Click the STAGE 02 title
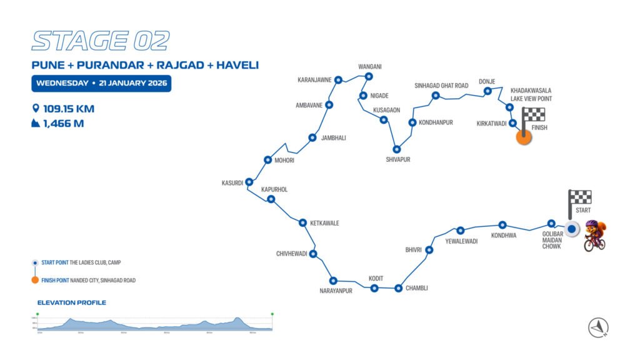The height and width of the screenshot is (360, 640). (x=100, y=41)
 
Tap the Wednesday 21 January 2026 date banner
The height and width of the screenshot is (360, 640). (x=101, y=83)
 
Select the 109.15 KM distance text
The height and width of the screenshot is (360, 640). (x=68, y=109)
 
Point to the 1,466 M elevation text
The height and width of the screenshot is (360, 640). (x=63, y=123)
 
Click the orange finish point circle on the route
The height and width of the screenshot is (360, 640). (x=524, y=137)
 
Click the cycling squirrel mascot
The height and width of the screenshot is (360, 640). (x=595, y=235)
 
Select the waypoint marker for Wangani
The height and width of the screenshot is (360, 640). (x=369, y=76)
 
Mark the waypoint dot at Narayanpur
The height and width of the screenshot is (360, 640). (x=333, y=281)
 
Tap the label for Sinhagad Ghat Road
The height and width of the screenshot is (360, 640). (x=441, y=86)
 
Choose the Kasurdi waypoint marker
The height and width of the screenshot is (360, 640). (x=249, y=182)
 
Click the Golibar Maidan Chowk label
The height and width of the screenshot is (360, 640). (x=552, y=239)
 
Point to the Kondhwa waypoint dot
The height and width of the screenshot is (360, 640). (x=502, y=225)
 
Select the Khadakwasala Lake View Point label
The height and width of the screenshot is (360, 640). (x=531, y=94)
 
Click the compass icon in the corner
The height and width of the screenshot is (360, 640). (x=598, y=327)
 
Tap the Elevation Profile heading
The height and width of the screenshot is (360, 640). (x=71, y=302)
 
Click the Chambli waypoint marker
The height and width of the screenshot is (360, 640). (x=398, y=288)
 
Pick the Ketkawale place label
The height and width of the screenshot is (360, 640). (x=324, y=223)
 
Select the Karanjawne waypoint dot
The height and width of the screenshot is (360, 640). (x=338, y=80)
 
